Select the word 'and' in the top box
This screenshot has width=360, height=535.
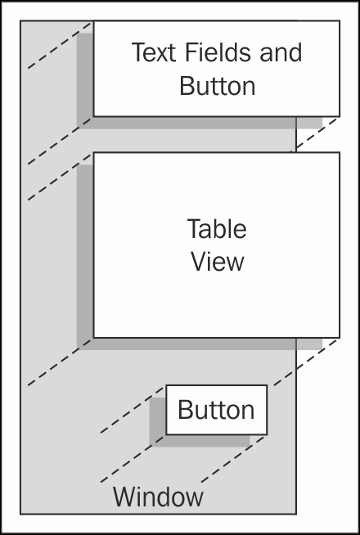tap(281, 52)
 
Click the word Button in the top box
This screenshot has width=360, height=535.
tap(218, 85)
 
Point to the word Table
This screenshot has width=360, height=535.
tap(217, 228)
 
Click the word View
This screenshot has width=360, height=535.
tap(218, 262)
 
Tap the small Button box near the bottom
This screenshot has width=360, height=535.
tap(216, 410)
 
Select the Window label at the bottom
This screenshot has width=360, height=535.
tap(158, 497)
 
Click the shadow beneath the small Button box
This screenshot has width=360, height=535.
tap(200, 440)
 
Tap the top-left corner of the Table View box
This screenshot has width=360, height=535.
tap(93, 152)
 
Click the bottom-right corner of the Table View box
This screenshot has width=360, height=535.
tap(340, 338)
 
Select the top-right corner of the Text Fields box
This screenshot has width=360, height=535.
tap(340, 20)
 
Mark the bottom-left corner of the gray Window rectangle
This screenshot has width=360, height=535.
tap(20, 514)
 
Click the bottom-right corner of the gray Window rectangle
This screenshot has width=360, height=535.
tap(296, 514)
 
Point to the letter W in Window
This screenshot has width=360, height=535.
tap(124, 497)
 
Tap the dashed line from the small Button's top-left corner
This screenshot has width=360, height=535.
tap(133, 410)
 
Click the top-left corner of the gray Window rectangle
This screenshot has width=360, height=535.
tap(20, 20)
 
